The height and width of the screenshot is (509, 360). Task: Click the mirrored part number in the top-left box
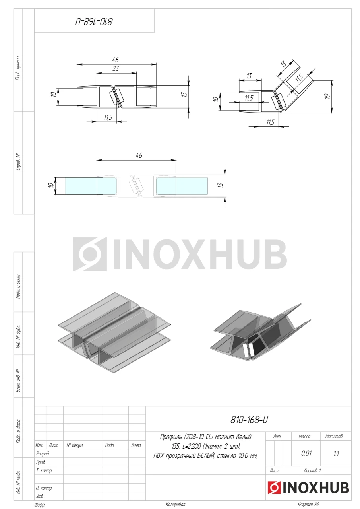[94, 22]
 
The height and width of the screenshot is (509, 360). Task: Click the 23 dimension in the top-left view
[116, 68]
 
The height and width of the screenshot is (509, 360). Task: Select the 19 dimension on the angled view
[327, 96]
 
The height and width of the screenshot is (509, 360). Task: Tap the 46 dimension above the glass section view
[139, 155]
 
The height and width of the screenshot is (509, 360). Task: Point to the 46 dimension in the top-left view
[115, 60]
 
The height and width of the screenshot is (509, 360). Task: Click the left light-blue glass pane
[81, 186]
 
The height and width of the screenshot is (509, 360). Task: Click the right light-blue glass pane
[182, 186]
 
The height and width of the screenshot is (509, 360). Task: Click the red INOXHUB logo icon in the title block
[274, 488]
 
